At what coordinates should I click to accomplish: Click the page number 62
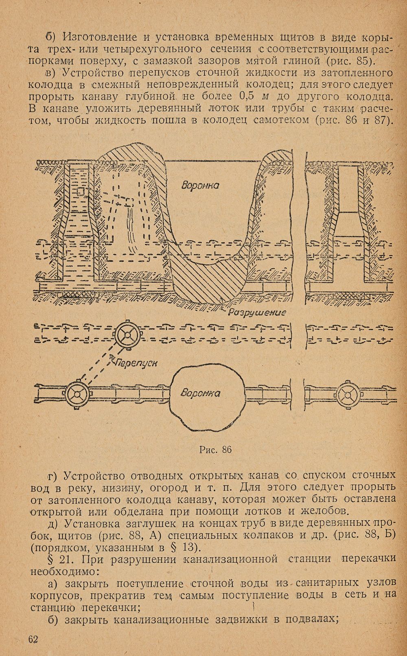pos(34,639)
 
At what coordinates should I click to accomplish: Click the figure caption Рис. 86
pos(215,450)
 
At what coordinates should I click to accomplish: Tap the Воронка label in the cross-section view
pos(200,186)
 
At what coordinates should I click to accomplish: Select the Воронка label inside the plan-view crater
pos(200,393)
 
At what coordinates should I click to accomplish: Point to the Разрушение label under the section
pos(257,313)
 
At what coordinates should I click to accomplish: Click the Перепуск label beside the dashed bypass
pos(137,363)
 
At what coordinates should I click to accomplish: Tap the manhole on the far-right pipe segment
pos(348,395)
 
